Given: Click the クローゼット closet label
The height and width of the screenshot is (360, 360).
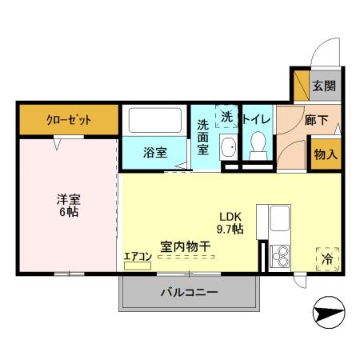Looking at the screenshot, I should point(68,120).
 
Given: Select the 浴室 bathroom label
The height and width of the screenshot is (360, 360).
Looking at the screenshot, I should point(155,152).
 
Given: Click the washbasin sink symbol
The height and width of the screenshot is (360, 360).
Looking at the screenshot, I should point(228,148).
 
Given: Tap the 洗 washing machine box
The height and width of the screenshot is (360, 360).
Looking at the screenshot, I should point(227,117).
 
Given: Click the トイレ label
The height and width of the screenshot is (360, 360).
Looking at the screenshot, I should point(258,119).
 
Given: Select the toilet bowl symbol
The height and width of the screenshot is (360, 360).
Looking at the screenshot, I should point(258,147).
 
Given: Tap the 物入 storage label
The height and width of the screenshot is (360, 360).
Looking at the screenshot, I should point(324,153).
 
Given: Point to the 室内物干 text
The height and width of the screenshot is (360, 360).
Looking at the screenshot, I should point(185,246).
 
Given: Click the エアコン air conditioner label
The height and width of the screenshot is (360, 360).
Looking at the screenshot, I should point(137,256).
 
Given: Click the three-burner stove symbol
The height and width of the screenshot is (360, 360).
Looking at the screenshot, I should point(281,254).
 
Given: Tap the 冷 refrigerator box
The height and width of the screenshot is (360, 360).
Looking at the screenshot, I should point(327,258).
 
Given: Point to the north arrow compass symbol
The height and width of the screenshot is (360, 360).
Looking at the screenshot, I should point(327,314).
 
